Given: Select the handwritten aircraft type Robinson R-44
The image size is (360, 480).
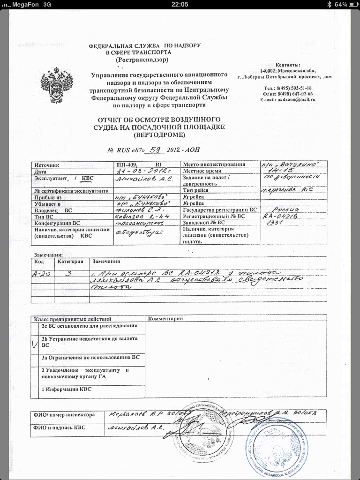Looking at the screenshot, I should pyautogui.click(x=137, y=217).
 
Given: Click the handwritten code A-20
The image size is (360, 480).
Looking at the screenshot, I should pyautogui.click(x=40, y=274).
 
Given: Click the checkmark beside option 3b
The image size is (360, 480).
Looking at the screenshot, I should pyautogui.click(x=34, y=345).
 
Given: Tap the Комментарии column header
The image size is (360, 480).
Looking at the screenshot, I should pyautogui.click(x=164, y=319).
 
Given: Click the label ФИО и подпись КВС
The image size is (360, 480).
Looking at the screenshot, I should pyautogui.click(x=64, y=427).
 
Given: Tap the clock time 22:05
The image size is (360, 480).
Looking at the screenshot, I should pyautogui.click(x=180, y=4).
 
